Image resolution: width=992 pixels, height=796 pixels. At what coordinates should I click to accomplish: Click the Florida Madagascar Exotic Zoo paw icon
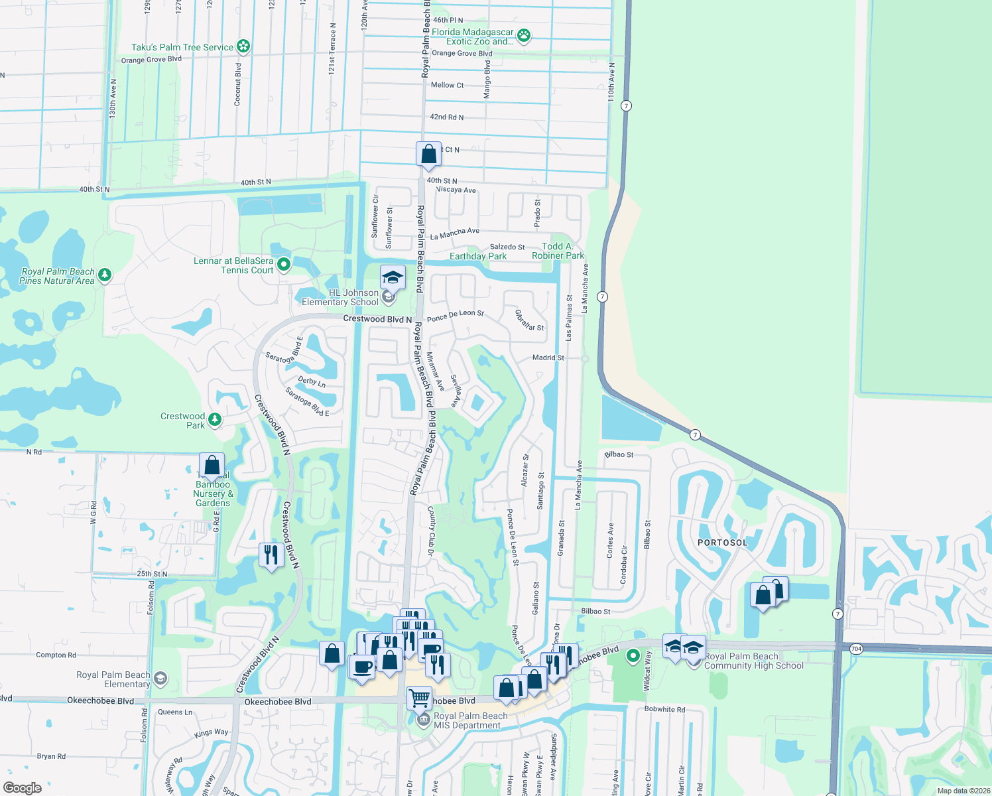[x=524, y=35]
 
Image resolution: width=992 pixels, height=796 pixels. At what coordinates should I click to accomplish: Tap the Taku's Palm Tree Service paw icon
[x=243, y=46]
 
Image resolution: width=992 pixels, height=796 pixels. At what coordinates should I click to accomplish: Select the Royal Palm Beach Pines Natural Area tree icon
[x=104, y=275]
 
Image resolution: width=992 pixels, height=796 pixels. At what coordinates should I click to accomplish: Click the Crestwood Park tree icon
[x=214, y=419]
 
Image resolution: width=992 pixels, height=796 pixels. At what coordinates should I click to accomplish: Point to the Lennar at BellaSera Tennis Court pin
[x=284, y=264]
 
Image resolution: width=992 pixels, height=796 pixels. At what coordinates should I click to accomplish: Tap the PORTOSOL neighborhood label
[x=722, y=543]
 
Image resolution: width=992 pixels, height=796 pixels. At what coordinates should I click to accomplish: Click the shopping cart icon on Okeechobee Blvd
[x=419, y=698]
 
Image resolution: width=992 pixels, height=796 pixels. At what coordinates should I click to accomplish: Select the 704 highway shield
[x=857, y=649]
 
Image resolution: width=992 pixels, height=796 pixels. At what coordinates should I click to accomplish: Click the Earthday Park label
[x=477, y=256]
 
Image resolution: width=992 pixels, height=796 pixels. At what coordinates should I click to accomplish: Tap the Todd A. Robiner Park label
[x=558, y=251]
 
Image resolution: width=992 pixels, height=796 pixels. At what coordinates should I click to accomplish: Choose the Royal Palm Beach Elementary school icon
[x=160, y=679]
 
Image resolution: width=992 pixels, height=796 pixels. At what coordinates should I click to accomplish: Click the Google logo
[x=23, y=788]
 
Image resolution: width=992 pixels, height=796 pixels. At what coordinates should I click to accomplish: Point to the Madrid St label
[x=548, y=358]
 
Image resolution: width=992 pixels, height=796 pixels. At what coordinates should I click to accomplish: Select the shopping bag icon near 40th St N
[x=429, y=154]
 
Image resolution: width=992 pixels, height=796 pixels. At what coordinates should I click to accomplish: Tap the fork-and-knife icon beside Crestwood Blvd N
[x=271, y=554]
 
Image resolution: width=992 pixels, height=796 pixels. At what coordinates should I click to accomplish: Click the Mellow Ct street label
[x=447, y=85]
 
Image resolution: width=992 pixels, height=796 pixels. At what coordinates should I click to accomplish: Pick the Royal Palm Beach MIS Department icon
[x=424, y=720]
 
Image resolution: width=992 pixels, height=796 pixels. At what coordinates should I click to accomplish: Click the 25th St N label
[x=152, y=574]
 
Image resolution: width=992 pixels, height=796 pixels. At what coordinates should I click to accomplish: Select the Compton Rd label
[x=56, y=655]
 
